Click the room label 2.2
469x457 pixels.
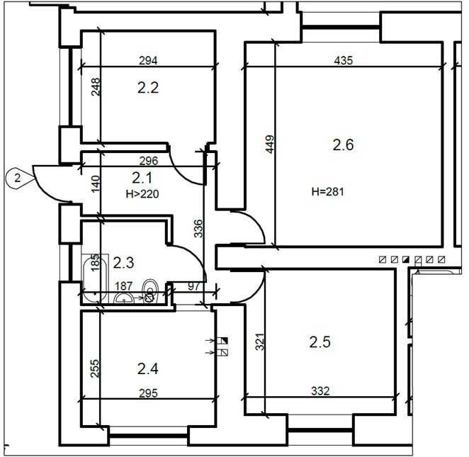(148, 88)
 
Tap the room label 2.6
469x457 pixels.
(344, 145)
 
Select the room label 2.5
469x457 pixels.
(320, 342)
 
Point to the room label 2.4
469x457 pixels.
(148, 368)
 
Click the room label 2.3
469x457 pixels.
(123, 263)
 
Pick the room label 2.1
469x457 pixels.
(142, 179)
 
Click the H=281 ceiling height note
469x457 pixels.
(328, 192)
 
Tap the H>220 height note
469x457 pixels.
(142, 194)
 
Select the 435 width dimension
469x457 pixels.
(344, 61)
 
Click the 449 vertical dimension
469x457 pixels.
(270, 145)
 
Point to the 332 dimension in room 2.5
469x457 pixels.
(320, 391)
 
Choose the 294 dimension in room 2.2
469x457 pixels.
(148, 61)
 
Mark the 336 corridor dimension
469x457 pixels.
(198, 228)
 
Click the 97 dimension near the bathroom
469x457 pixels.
(193, 286)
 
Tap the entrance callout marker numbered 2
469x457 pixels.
(19, 179)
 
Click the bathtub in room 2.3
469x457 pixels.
(95, 278)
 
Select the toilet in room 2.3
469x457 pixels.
(149, 290)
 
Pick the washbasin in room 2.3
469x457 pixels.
(124, 298)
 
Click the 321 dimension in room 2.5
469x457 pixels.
(260, 342)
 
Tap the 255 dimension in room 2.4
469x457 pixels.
(94, 368)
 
